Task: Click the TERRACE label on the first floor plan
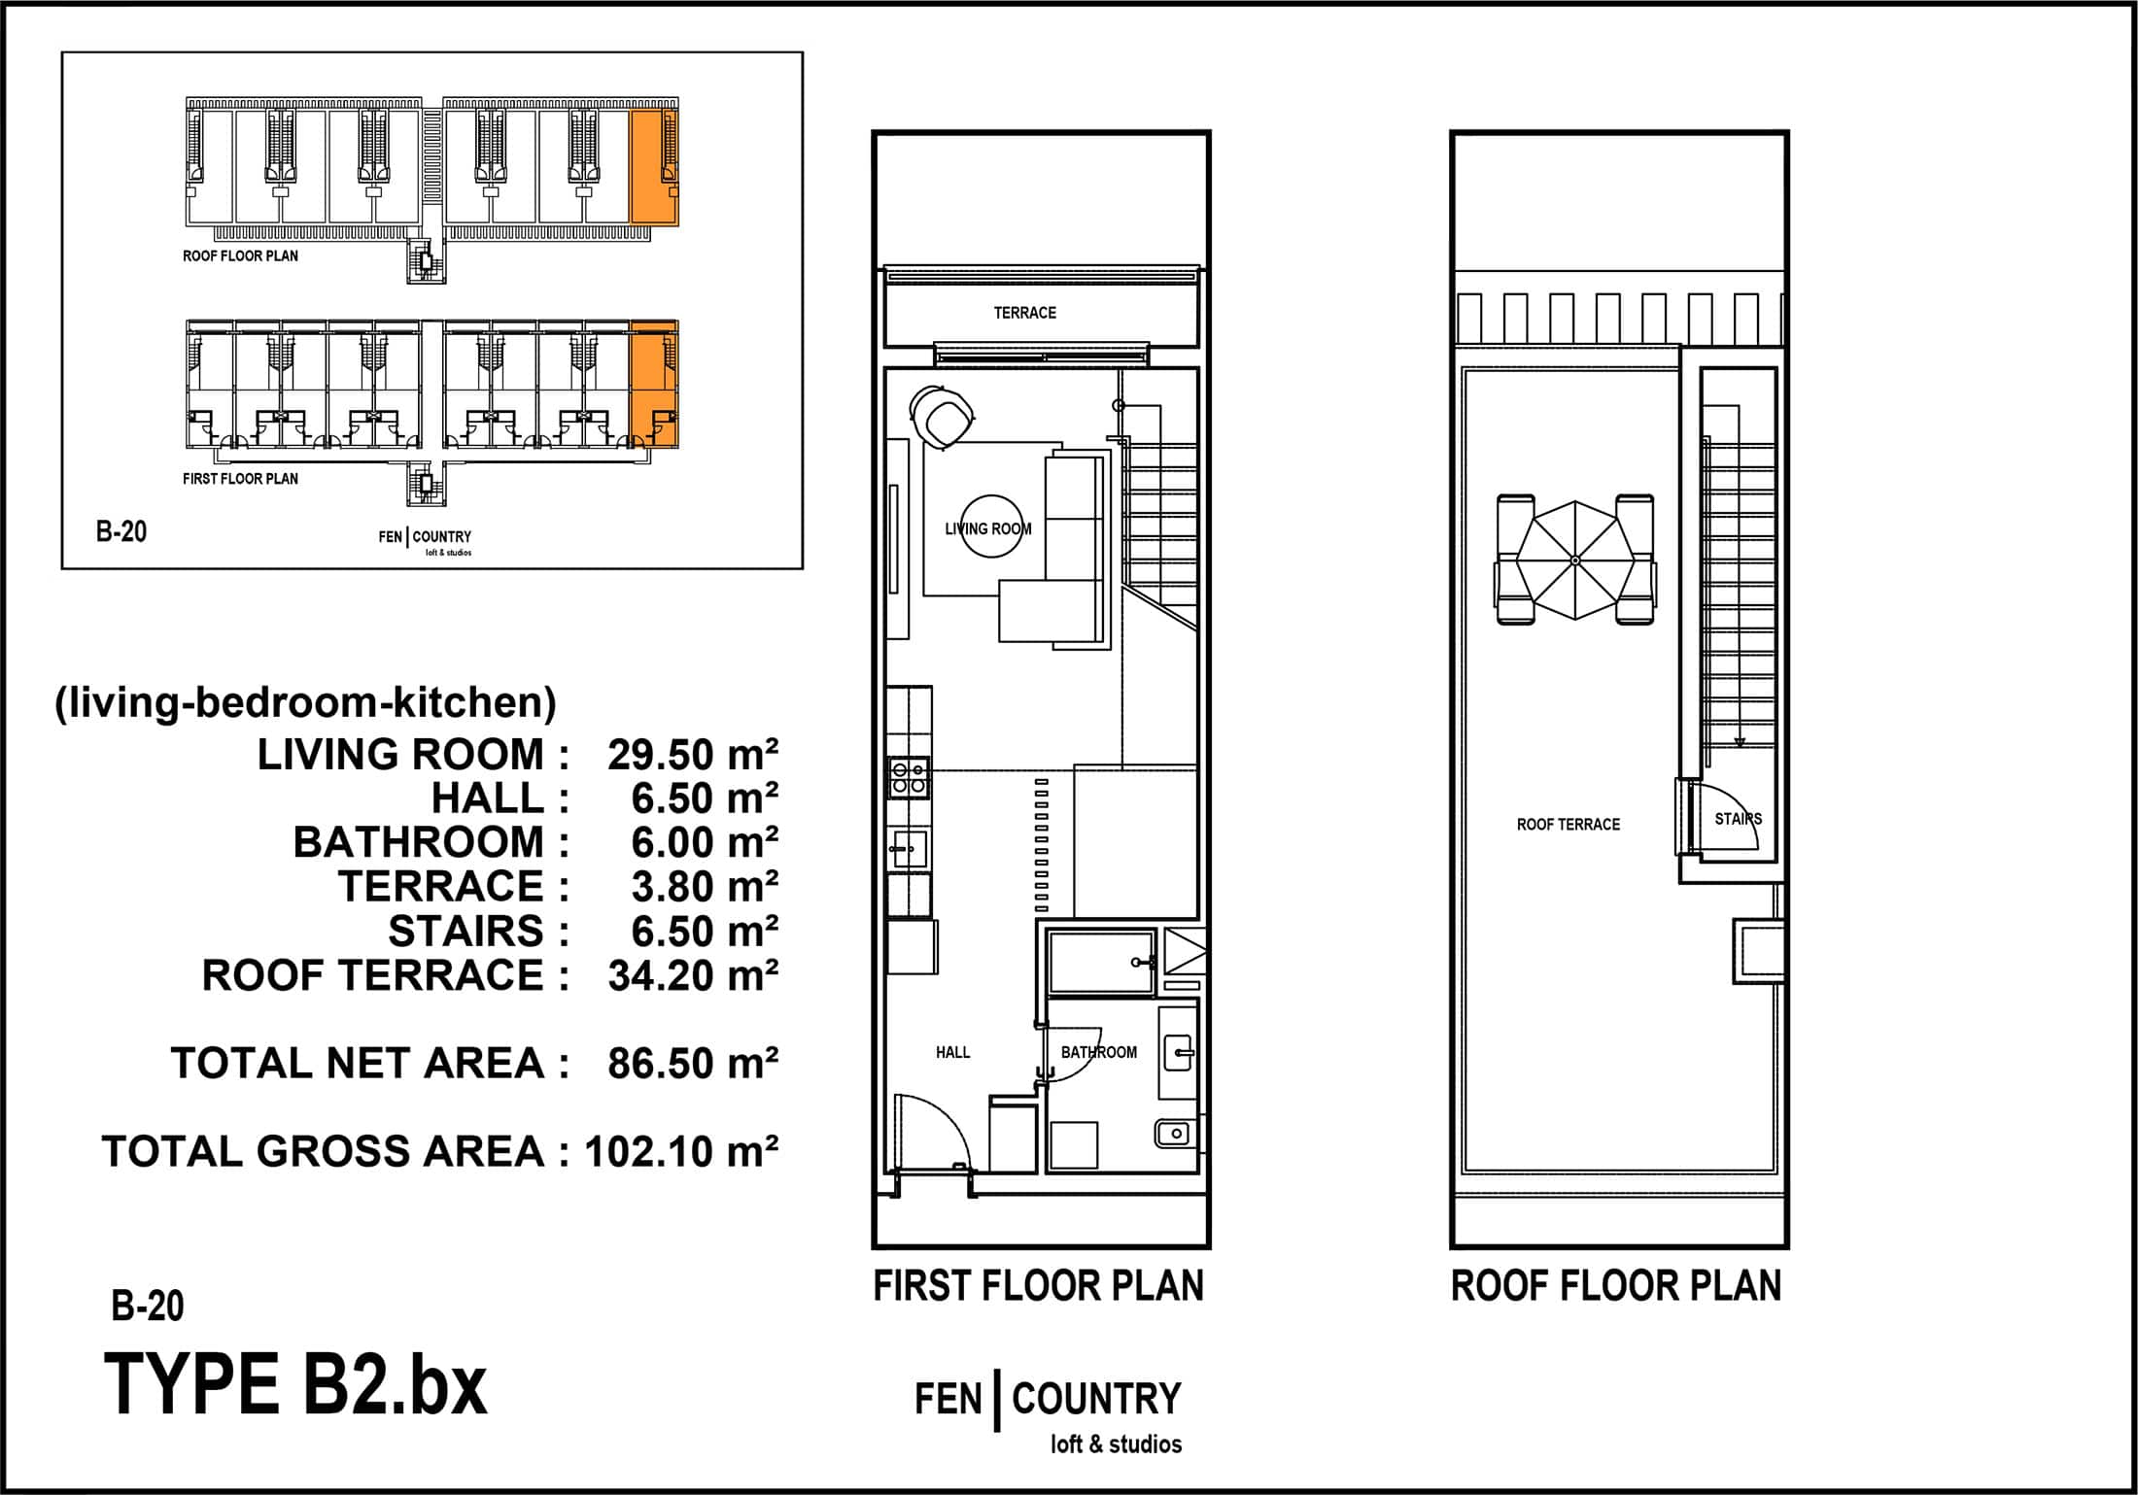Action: pos(1024,313)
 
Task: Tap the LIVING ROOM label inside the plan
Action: pos(988,528)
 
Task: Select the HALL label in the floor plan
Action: pos(952,1052)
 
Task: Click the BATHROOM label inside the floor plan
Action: pos(1098,1052)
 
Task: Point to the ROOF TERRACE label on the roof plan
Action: pos(1569,825)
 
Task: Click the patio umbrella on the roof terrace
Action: pos(1575,561)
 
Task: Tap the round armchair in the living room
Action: pos(942,417)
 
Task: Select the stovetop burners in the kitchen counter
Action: pos(909,777)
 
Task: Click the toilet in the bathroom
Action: pos(1175,1133)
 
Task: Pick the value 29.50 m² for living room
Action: pos(693,755)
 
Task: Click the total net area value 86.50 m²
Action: pos(693,1064)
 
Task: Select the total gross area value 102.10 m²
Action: pos(681,1152)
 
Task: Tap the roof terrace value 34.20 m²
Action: pos(693,975)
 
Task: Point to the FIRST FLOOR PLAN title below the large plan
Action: pos(1038,1286)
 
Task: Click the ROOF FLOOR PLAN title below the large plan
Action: pos(1616,1286)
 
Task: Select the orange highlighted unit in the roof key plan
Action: pos(654,167)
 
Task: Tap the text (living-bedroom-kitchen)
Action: pos(305,702)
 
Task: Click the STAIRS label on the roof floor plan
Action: pos(1738,819)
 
